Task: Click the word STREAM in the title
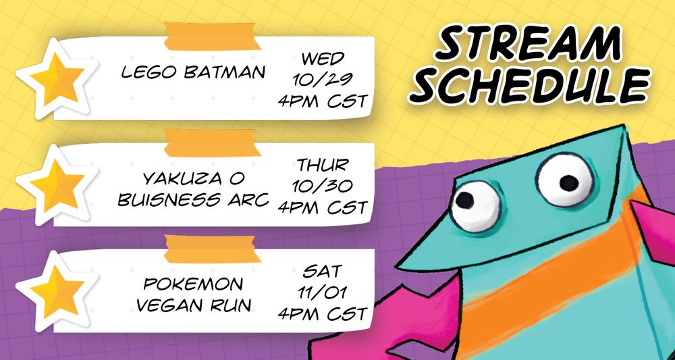pyautogui.click(x=529, y=43)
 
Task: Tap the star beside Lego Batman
pyautogui.click(x=57, y=78)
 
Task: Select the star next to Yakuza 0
pyautogui.click(x=57, y=184)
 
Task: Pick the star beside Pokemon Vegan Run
pyautogui.click(x=57, y=290)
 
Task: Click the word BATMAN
pyautogui.click(x=224, y=72)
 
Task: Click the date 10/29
pyautogui.click(x=323, y=79)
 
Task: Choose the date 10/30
pyautogui.click(x=323, y=186)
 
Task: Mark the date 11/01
pyautogui.click(x=323, y=292)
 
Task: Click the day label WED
pyautogui.click(x=323, y=58)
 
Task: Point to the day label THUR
pyautogui.click(x=323, y=165)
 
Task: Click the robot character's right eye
pyautogui.click(x=566, y=179)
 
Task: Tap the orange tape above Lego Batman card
pyautogui.click(x=212, y=36)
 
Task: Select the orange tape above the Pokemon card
pyautogui.click(x=212, y=249)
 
